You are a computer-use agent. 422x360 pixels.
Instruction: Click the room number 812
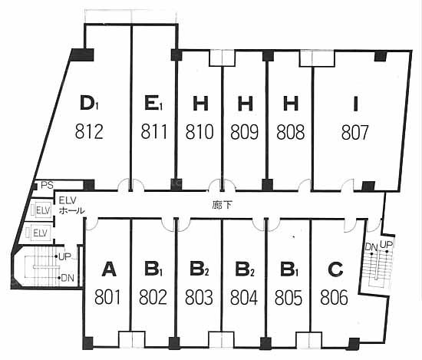pyautogui.click(x=89, y=131)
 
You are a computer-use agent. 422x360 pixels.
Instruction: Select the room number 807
pyautogui.click(x=354, y=133)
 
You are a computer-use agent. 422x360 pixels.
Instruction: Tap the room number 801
pyautogui.click(x=107, y=297)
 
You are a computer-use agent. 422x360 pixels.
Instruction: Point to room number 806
pyautogui.click(x=334, y=297)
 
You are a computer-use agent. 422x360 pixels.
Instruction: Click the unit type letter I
pyautogui.click(x=355, y=104)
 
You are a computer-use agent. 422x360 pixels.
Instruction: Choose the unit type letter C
pyautogui.click(x=335, y=269)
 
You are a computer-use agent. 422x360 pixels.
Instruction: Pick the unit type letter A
pyautogui.click(x=109, y=269)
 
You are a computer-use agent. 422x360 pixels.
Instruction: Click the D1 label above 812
pyautogui.click(x=89, y=103)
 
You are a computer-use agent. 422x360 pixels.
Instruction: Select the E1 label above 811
pyautogui.click(x=153, y=103)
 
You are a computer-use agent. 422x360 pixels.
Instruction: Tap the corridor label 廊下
pyautogui.click(x=222, y=206)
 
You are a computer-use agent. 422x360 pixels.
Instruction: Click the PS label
pyautogui.click(x=47, y=185)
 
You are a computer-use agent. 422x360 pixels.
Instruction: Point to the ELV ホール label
pyautogui.click(x=71, y=205)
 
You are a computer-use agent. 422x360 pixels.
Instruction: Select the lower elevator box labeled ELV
pyautogui.click(x=40, y=233)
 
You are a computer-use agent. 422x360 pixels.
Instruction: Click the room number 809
pyautogui.click(x=244, y=132)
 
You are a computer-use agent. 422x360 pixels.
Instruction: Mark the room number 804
pyautogui.click(x=244, y=297)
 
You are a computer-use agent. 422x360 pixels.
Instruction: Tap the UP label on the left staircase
pyautogui.click(x=64, y=256)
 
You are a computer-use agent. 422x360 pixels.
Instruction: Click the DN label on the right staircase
pyautogui.click(x=371, y=247)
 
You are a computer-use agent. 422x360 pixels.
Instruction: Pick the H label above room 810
pyautogui.click(x=200, y=104)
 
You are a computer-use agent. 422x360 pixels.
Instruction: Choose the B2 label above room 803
pyautogui.click(x=199, y=269)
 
